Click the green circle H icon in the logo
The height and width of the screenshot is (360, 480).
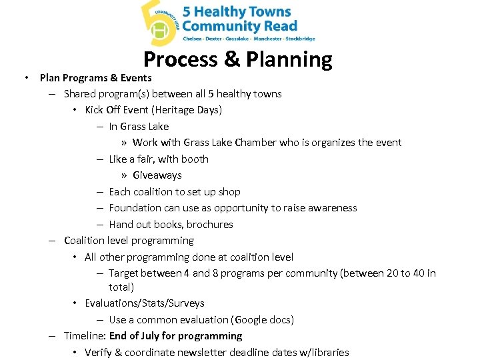point(160,31)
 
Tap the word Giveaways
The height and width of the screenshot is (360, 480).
point(157,175)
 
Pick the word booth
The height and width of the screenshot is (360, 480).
point(194,159)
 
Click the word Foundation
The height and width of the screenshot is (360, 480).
point(134,208)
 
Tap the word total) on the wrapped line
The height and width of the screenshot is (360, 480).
point(121,287)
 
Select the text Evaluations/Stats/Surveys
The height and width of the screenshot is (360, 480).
point(144,303)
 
